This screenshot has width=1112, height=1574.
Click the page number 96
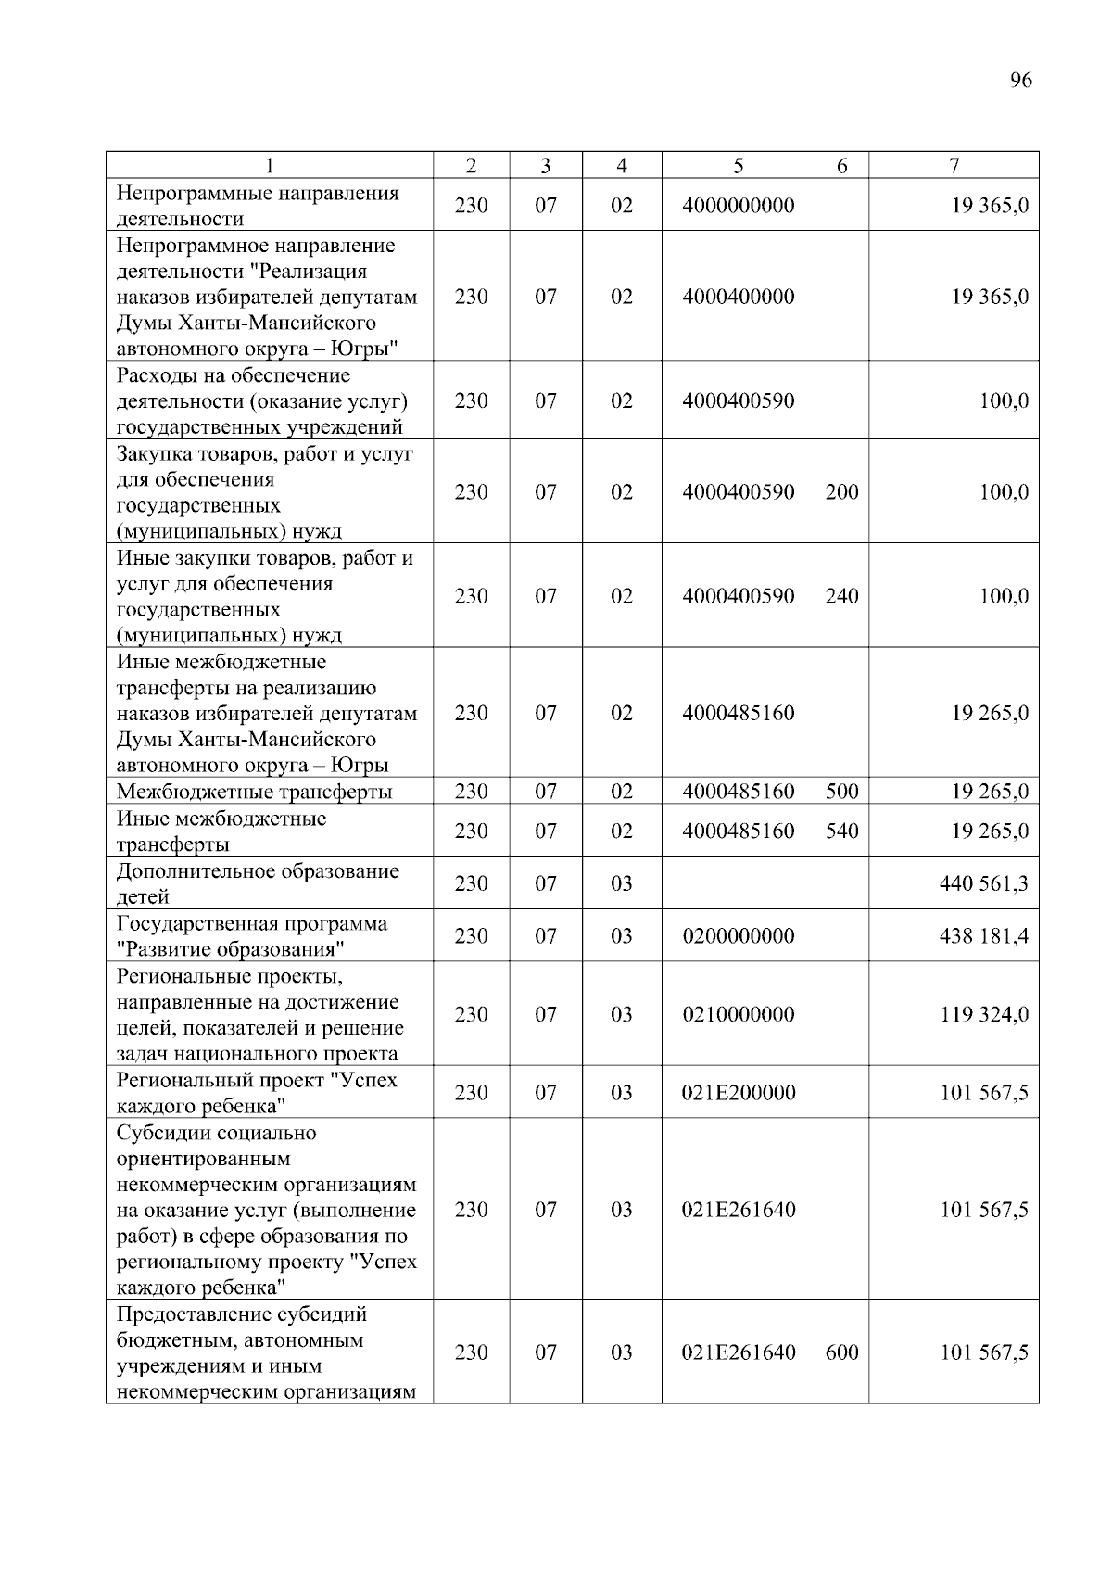(1020, 80)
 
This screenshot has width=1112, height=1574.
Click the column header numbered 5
(738, 166)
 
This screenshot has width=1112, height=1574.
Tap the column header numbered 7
(954, 166)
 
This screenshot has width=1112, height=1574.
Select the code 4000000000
(738, 205)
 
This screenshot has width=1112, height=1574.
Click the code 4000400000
(738, 297)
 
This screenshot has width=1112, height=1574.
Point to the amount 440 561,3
(984, 883)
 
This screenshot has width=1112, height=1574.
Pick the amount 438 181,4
(984, 936)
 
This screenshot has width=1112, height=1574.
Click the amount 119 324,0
(984, 1014)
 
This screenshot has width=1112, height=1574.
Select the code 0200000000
(738, 936)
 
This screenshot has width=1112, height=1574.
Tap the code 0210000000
(738, 1014)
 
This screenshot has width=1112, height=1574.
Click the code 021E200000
(739, 1093)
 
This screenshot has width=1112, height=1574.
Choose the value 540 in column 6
(841, 831)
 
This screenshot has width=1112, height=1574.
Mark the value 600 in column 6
(841, 1352)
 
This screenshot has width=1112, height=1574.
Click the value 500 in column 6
(841, 792)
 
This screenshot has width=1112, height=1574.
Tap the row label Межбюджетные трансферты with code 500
(254, 792)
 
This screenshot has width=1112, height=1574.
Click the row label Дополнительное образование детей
(258, 883)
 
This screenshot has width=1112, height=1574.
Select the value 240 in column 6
(841, 596)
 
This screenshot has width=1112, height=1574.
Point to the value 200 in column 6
(841, 492)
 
